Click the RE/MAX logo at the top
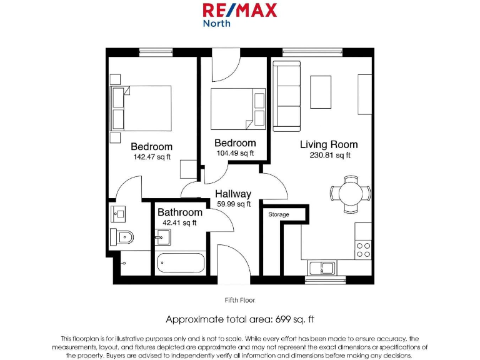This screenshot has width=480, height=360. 239,14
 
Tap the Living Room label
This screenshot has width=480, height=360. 329,144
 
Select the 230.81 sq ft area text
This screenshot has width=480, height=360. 330,155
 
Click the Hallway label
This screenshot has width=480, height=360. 233,194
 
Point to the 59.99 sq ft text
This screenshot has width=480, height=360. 233,204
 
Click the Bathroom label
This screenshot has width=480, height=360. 180,212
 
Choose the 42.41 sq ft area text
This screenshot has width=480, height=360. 179,222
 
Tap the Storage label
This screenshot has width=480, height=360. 279,214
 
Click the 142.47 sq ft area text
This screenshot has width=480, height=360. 152,157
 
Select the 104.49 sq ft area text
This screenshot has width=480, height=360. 235,153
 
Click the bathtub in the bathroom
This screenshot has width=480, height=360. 181,263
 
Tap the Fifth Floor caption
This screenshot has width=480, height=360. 239,300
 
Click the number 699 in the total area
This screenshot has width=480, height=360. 282,319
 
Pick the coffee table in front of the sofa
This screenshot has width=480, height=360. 321,92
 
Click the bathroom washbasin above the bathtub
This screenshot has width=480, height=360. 162,237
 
